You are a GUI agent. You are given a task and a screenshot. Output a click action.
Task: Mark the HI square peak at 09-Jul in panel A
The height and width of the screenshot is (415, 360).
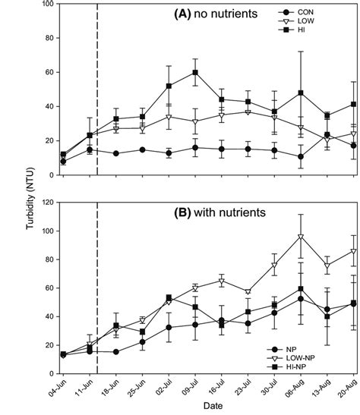pos(195,73)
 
